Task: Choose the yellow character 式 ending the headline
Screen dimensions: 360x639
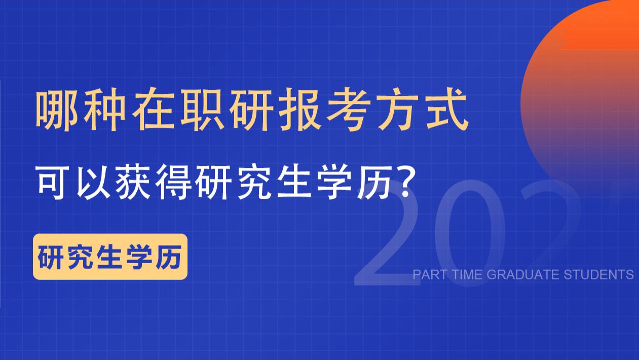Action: [x=444, y=110]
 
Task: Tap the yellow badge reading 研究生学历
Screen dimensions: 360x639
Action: [x=110, y=257]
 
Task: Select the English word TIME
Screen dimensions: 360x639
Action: [x=467, y=275]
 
